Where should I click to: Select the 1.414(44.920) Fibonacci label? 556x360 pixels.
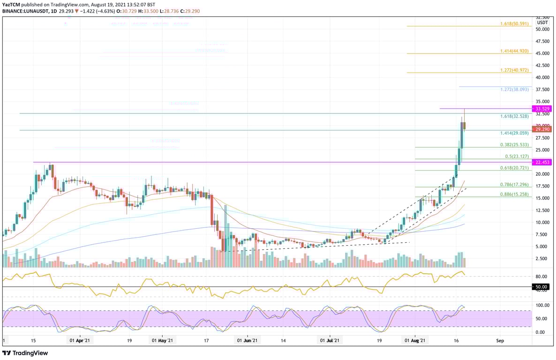(515, 50)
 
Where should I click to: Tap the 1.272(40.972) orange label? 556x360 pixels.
(515, 70)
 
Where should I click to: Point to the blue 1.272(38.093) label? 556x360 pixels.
(515, 89)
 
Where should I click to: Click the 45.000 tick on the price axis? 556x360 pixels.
(542, 53)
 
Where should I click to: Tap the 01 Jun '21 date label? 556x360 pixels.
(246, 341)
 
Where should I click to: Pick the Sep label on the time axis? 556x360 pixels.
(500, 341)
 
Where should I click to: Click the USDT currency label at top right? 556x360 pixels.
(542, 22)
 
